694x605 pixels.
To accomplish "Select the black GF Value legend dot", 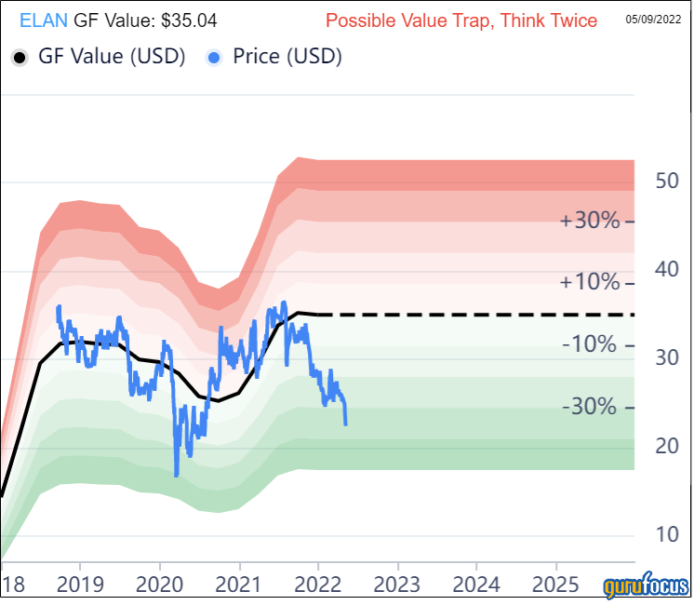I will (20, 58).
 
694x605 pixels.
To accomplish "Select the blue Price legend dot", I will (214, 58).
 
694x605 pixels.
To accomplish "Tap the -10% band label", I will (591, 345).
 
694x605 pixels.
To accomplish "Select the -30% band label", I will (591, 408).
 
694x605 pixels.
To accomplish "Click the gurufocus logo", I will (646, 587).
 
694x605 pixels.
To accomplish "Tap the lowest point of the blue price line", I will (177, 476).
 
